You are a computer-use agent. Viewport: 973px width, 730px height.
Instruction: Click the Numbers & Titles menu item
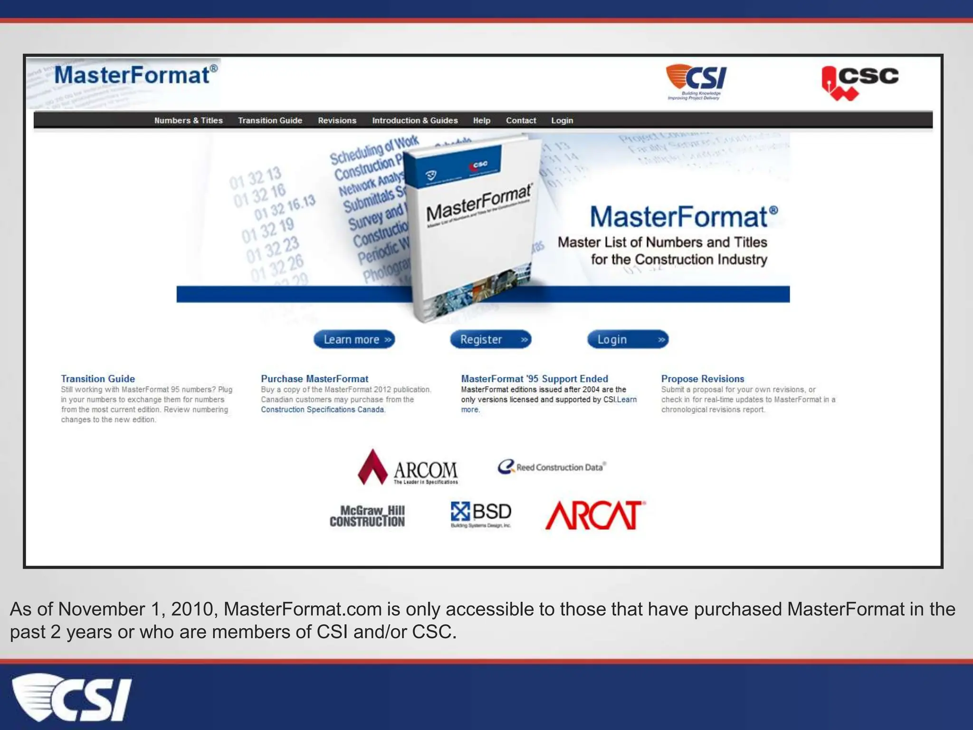tap(188, 121)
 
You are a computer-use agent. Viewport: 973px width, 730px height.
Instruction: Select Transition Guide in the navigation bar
tap(270, 121)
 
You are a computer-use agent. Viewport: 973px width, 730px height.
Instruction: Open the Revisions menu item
tap(337, 121)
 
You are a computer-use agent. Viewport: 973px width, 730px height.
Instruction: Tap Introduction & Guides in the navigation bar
tap(415, 121)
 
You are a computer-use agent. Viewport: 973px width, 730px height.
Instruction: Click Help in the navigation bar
tap(481, 121)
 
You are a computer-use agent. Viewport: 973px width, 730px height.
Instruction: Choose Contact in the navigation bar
tap(521, 121)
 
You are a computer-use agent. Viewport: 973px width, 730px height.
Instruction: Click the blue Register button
tap(490, 339)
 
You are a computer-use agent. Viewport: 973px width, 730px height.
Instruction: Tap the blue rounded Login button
tap(628, 339)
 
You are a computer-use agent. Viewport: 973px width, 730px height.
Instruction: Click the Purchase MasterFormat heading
tap(315, 379)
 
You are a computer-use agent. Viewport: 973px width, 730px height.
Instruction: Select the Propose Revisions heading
tap(702, 379)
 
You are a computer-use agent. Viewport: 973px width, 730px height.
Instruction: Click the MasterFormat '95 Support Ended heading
tap(534, 379)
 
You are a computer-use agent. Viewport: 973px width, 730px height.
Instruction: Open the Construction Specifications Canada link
tap(322, 410)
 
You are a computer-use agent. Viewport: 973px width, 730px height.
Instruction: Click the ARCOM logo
tap(408, 468)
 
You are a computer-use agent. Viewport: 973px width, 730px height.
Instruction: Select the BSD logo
tap(481, 514)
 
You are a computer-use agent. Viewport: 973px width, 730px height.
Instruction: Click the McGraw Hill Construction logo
tap(367, 516)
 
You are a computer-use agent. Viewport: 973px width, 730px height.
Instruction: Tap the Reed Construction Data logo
tap(552, 467)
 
